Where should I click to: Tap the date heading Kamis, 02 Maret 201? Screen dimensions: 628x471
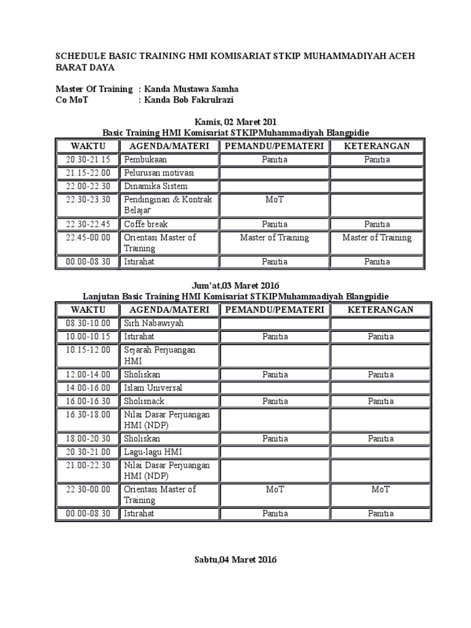point(235,121)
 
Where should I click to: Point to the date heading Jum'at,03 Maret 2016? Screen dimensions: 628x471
point(235,285)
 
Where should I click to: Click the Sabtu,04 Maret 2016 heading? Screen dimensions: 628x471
point(235,559)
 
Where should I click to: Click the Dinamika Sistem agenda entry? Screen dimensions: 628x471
point(156,186)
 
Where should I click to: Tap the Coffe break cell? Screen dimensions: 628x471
point(146,224)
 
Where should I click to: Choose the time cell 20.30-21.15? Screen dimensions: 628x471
point(88,159)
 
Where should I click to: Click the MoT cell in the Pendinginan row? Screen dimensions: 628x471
point(275,200)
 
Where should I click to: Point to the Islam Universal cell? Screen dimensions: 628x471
point(153,388)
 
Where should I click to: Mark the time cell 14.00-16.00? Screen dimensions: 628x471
point(88,388)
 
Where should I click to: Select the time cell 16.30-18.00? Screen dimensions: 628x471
point(88,415)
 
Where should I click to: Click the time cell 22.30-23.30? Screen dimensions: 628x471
point(88,199)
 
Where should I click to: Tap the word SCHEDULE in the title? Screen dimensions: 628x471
point(83,56)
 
